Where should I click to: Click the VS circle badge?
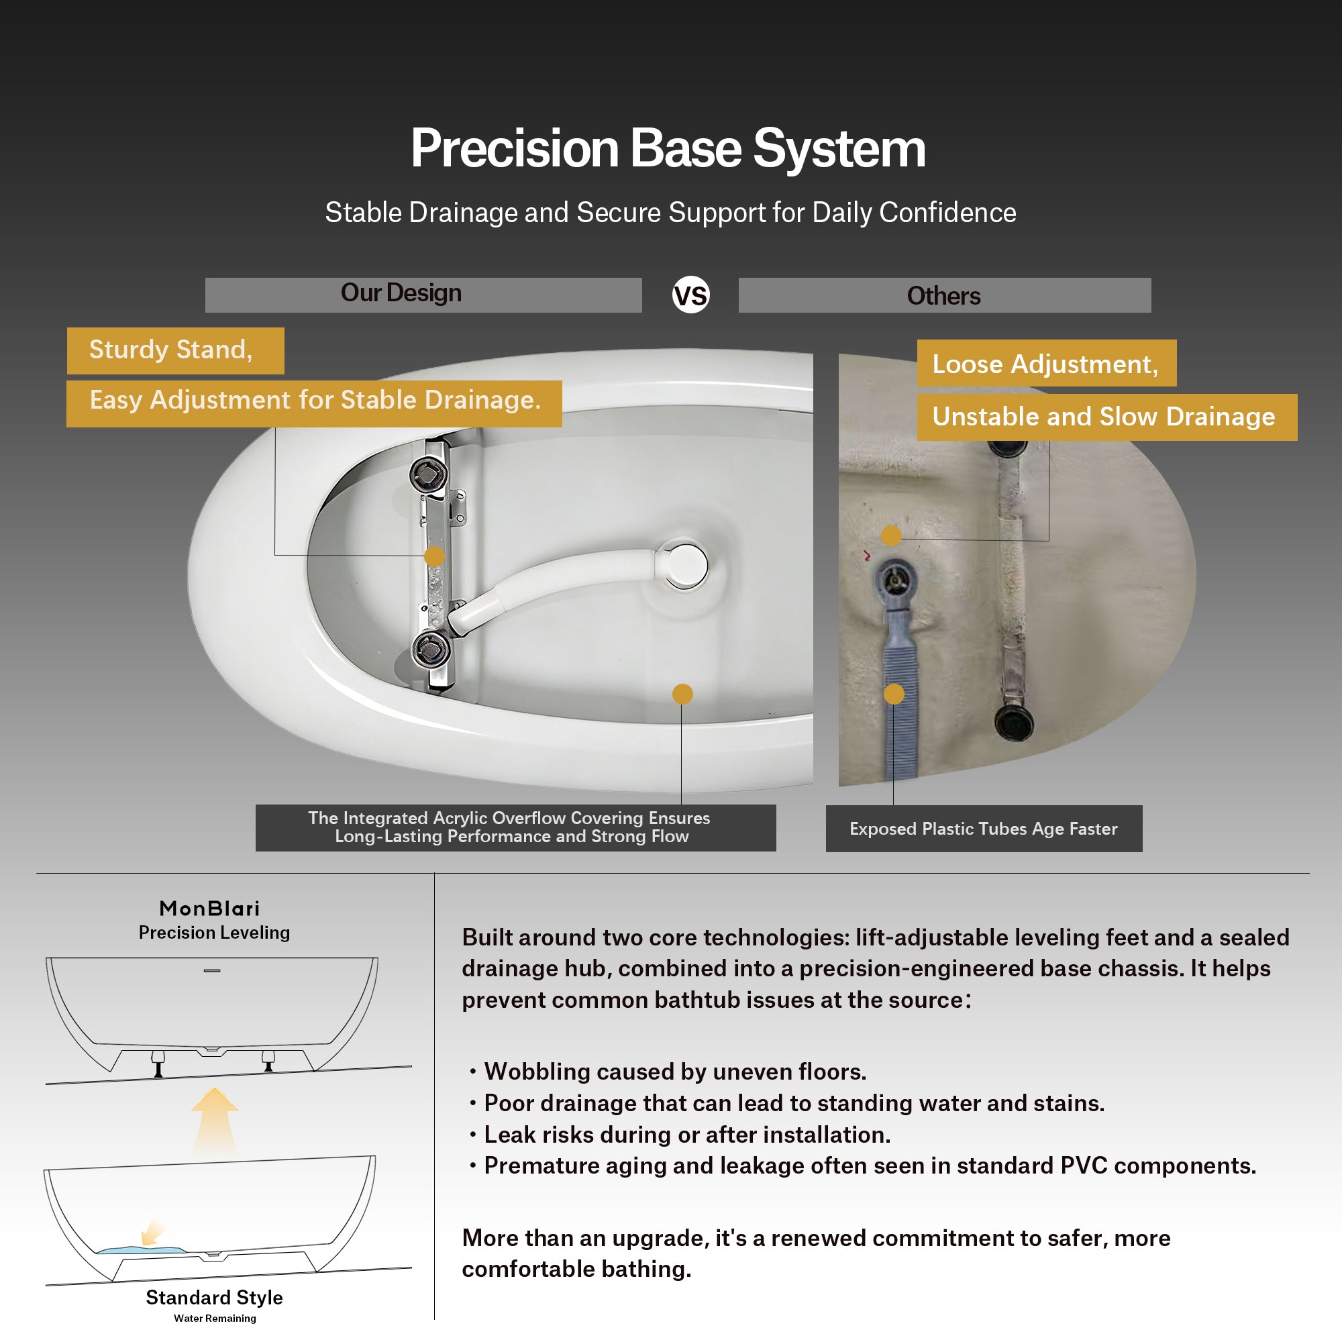coord(690,295)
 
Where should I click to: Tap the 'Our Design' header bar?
coord(423,295)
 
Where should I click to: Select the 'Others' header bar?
coord(945,295)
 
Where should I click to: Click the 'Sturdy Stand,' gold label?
coord(176,351)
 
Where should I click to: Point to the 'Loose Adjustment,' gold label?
coord(1047,363)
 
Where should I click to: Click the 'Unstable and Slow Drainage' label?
coord(1107,417)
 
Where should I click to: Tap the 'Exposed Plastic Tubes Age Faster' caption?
coord(984,829)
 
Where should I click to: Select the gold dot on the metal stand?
coord(434,556)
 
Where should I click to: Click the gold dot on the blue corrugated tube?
coord(894,694)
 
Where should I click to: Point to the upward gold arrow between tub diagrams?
coord(215,1120)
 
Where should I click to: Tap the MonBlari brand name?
coord(210,909)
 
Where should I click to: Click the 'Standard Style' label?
coord(215,1298)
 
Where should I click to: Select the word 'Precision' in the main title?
coord(515,150)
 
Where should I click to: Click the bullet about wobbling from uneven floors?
coord(668,1072)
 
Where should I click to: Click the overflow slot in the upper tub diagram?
coord(212,970)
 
